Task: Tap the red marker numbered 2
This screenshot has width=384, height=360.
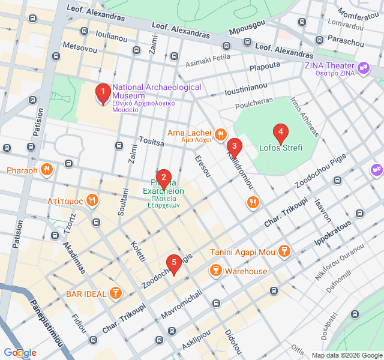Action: pos(163,178)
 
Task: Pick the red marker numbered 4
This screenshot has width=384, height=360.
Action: pos(280,133)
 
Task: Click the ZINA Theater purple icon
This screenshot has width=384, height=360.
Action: pos(362,69)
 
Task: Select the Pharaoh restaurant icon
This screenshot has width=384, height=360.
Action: pos(47,170)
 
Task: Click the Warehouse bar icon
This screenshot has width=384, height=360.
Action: pos(215,272)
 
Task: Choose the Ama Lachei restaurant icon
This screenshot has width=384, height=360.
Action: pos(221,133)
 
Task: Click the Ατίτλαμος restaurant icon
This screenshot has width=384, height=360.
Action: pos(92,200)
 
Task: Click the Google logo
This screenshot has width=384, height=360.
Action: pos(19,353)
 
